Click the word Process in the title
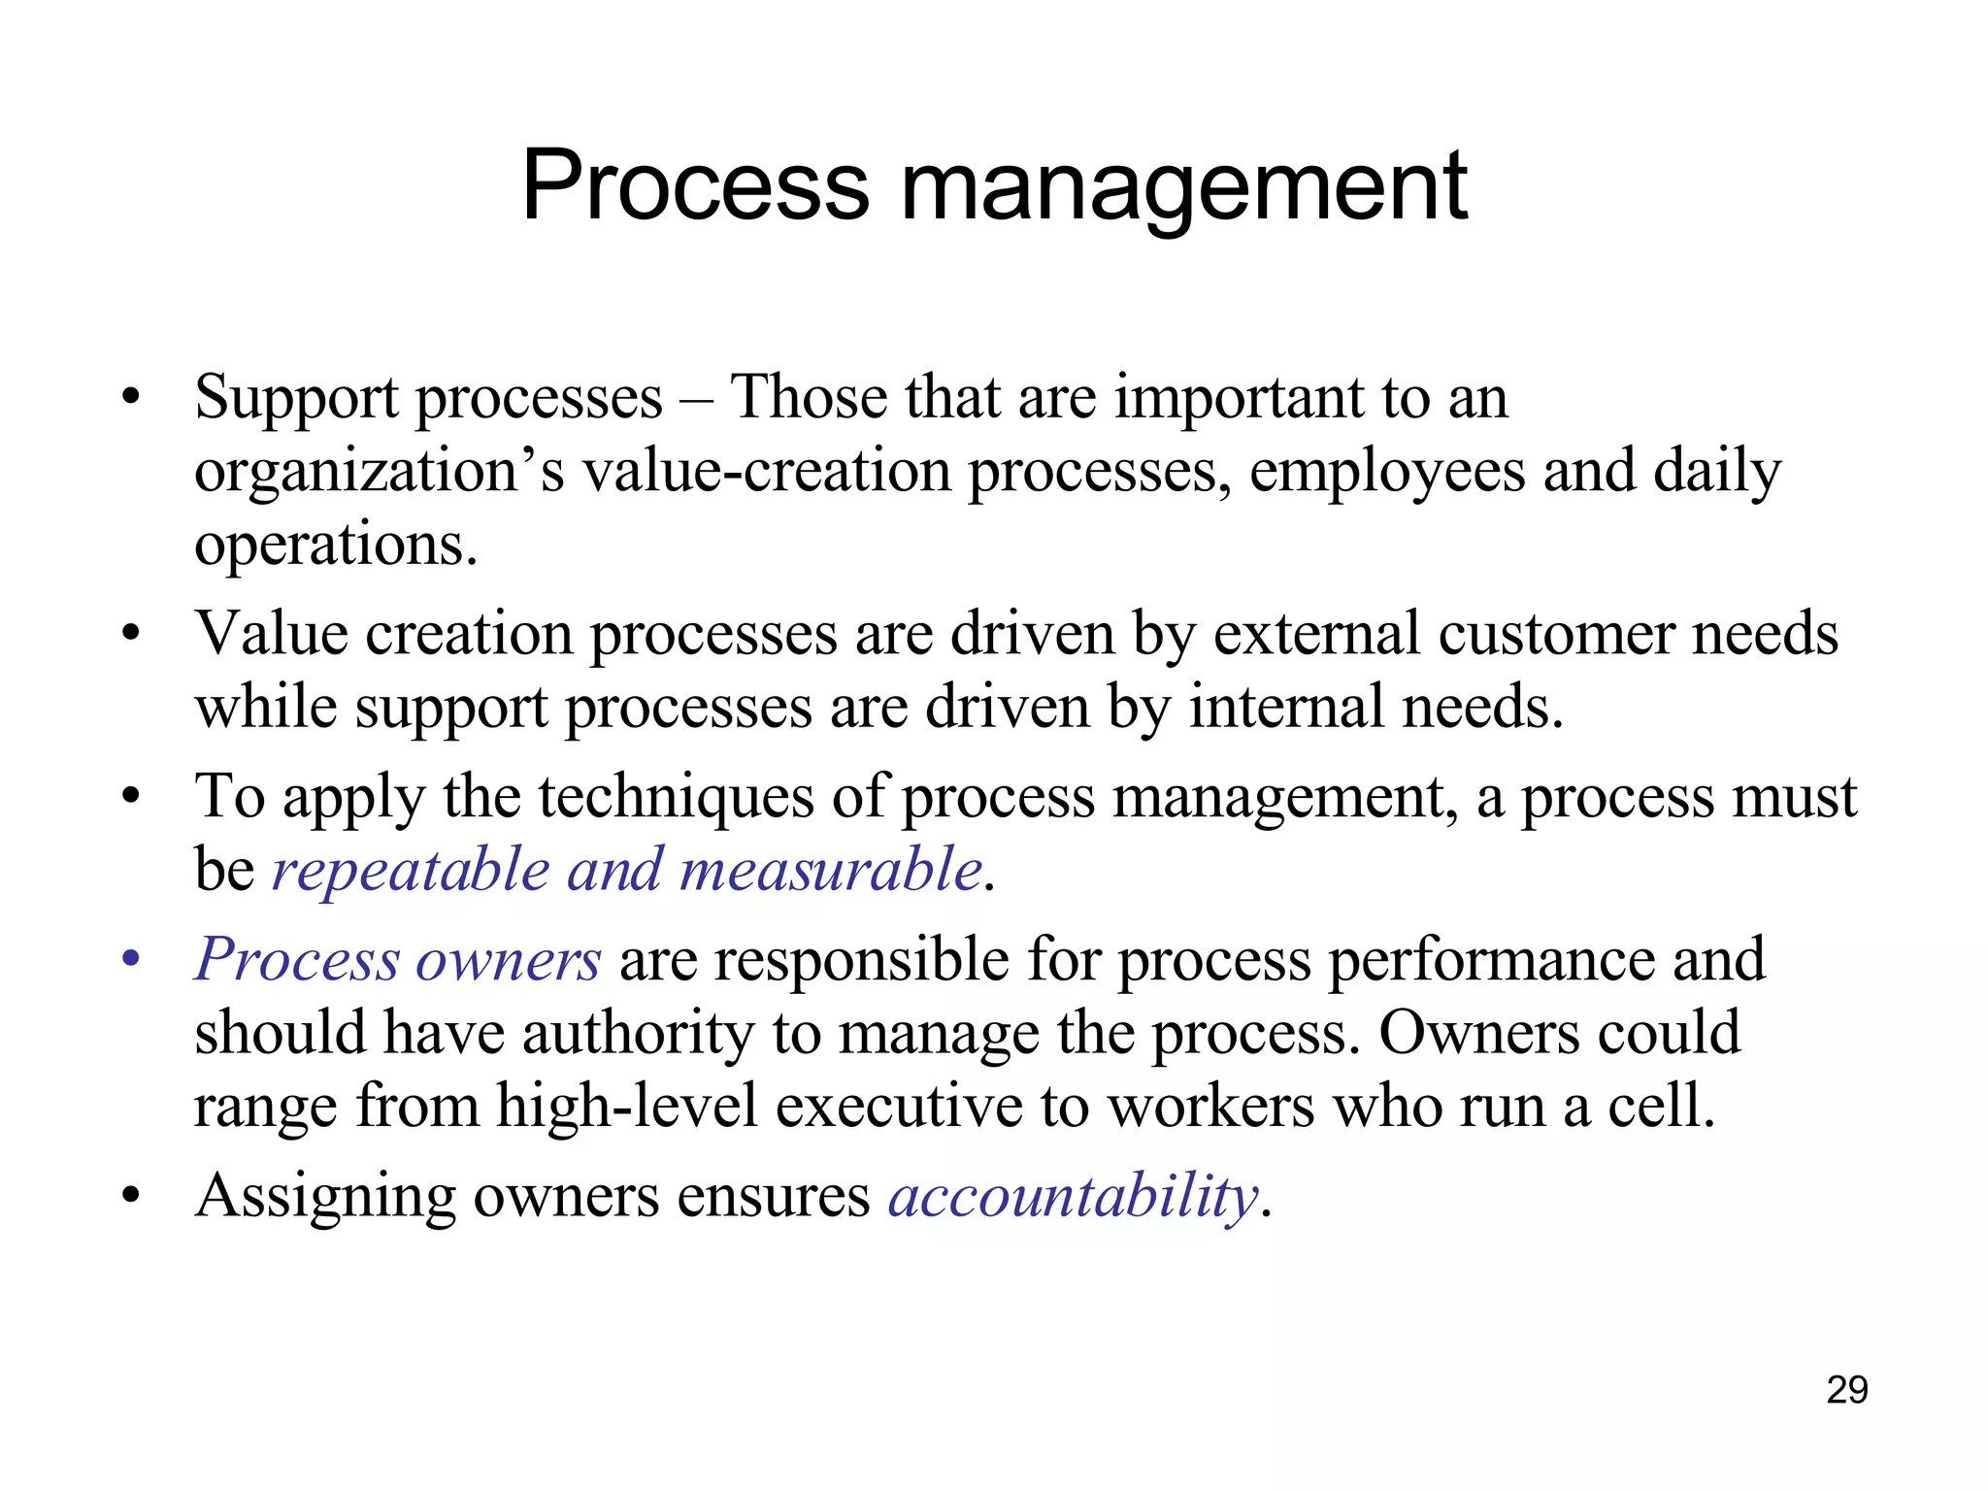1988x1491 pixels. point(695,186)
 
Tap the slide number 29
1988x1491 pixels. point(1846,1390)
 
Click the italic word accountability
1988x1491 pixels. point(1074,1196)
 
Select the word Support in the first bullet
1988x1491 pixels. point(296,398)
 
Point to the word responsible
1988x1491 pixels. point(863,960)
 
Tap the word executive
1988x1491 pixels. point(899,1107)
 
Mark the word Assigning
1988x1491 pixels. point(325,1198)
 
